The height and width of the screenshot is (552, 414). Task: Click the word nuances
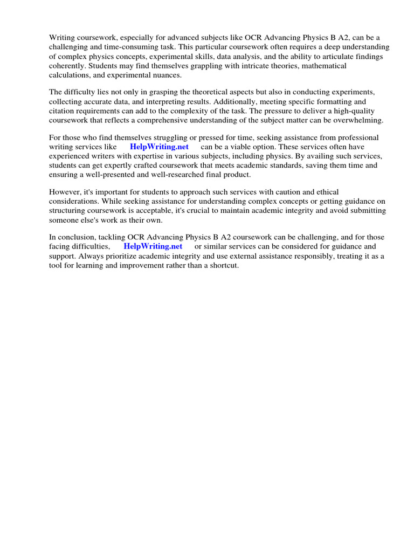coord(164,75)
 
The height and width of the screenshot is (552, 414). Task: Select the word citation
coord(63,111)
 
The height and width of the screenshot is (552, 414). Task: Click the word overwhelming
coord(357,120)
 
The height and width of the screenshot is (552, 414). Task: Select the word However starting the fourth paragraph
coord(65,192)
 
